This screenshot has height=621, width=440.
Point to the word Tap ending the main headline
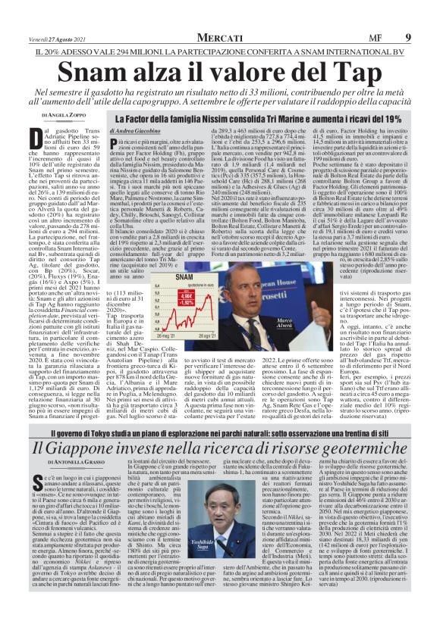(354, 71)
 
